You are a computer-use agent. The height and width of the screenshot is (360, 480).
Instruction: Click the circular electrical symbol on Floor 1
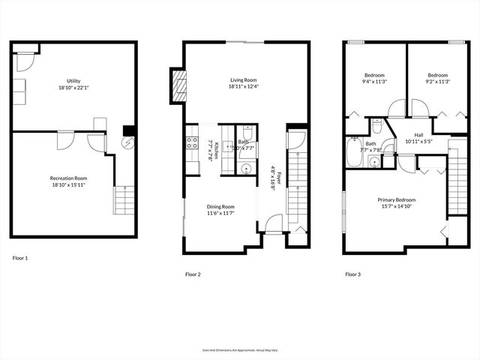click(127, 142)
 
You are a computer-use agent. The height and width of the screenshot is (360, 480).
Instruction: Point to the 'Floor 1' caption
click(20, 258)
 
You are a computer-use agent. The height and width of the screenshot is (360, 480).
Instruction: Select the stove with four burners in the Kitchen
click(190, 145)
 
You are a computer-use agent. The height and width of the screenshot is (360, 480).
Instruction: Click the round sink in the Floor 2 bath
click(244, 169)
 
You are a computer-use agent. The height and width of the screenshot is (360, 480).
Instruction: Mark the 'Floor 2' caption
click(193, 274)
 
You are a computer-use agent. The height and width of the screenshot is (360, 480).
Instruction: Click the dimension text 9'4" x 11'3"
click(374, 83)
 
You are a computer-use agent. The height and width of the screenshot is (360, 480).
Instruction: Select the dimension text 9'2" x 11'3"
click(438, 83)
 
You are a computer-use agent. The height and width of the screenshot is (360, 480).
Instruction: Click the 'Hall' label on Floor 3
click(418, 135)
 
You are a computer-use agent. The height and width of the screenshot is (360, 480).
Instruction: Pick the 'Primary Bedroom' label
click(397, 200)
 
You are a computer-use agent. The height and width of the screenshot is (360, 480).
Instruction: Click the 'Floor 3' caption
click(352, 274)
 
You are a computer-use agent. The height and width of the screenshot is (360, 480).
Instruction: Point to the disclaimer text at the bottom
click(239, 350)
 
